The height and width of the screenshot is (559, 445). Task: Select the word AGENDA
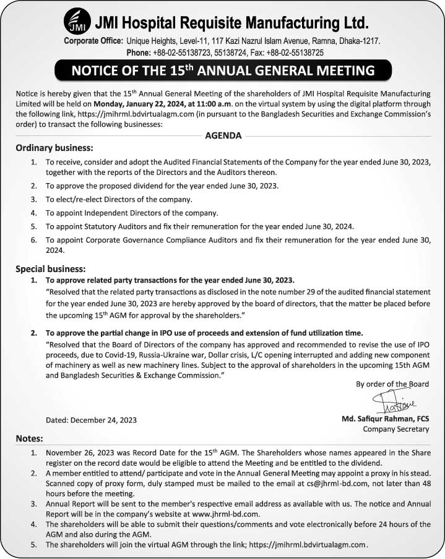click(x=223, y=136)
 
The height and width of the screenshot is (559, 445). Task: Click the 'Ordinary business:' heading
click(x=54, y=148)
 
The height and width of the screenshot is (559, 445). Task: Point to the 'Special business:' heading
click(x=50, y=269)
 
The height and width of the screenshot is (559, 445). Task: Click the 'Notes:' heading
click(x=29, y=438)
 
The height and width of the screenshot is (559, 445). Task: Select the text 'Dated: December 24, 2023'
click(x=91, y=419)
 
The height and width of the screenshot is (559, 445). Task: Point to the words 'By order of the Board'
click(x=392, y=384)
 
